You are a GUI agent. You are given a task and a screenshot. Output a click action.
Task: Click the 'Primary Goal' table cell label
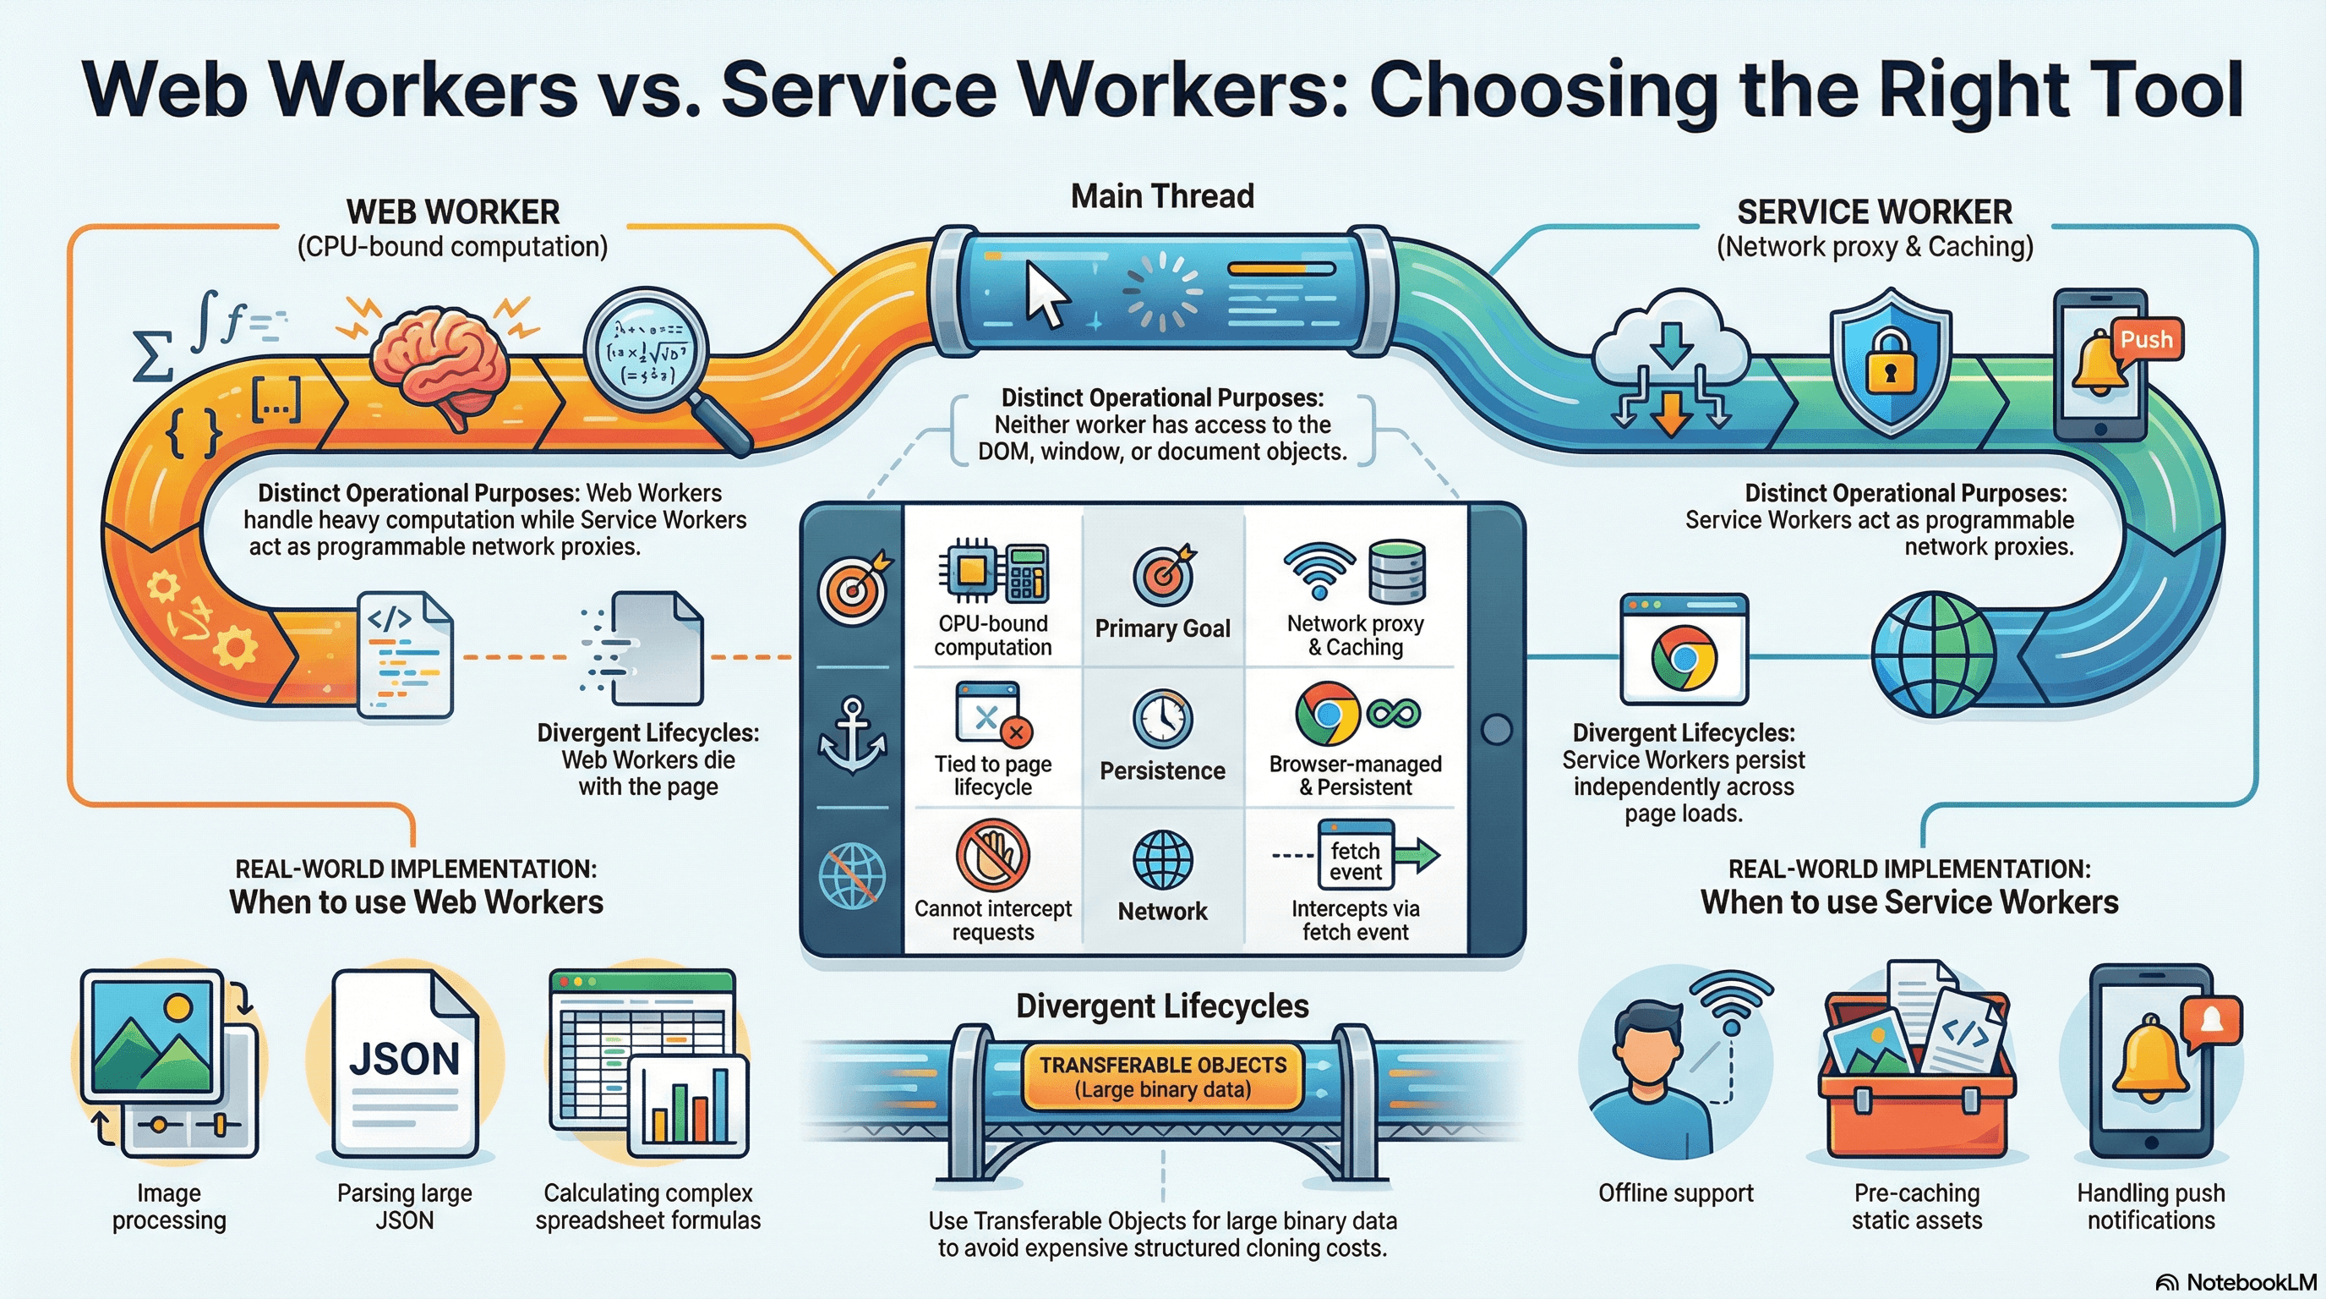1162,628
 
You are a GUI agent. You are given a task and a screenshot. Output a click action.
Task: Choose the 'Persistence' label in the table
1162,770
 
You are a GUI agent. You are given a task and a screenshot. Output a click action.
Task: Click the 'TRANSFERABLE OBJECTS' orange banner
1162,1077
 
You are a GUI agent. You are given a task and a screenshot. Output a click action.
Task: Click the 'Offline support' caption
1675,1193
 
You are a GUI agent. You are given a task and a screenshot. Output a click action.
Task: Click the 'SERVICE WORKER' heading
1875,212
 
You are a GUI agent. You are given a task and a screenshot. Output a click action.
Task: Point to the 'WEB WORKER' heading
453,212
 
